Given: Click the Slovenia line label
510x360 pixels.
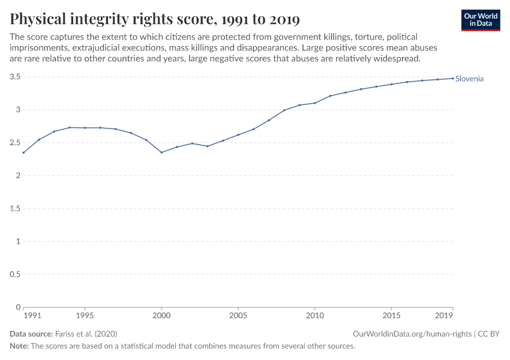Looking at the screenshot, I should point(469,79).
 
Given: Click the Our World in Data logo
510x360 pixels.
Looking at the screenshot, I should point(480,20).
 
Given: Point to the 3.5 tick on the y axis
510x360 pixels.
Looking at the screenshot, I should point(15,77).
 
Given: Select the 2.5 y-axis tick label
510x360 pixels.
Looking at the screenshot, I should point(15,143).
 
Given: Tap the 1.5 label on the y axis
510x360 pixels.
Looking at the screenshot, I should point(15,209).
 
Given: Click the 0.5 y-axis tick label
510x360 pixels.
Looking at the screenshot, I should point(15,274).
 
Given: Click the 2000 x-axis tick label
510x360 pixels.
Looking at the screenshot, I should point(161,315).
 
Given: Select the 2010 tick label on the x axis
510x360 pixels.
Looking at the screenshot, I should point(314,315).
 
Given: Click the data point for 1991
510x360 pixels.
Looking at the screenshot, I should point(24,152).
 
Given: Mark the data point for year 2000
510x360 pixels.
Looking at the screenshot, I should point(161,152).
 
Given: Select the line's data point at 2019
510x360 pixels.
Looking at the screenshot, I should point(452,78).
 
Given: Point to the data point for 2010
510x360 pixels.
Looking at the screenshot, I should point(314,103).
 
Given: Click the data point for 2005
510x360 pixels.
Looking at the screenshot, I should point(238,134).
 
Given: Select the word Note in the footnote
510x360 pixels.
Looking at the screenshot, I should point(19,346).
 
